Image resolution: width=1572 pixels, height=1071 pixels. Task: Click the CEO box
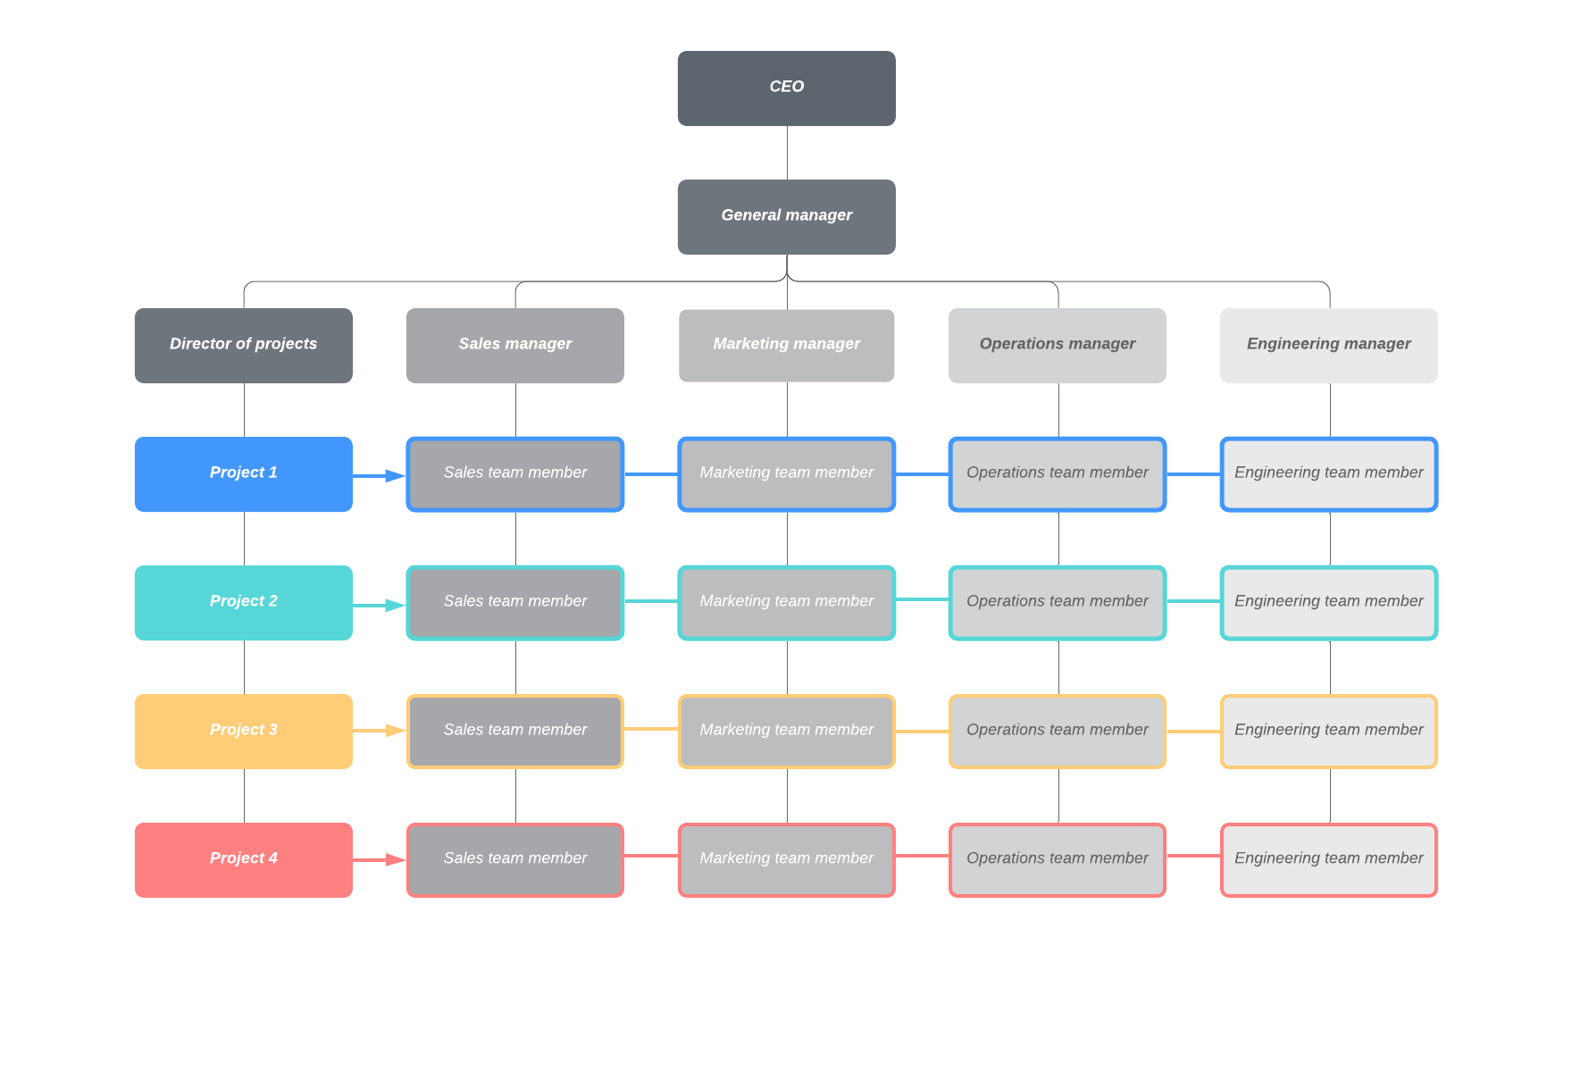(786, 88)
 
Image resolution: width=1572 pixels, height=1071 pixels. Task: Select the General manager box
(786, 216)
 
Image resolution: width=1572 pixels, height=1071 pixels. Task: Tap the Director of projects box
(243, 345)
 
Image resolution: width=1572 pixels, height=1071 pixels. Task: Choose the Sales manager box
(514, 345)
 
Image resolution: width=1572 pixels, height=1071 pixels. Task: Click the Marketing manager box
(786, 345)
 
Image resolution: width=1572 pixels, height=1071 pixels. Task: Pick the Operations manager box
(1057, 345)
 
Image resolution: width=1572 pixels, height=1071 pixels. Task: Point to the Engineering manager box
(1328, 345)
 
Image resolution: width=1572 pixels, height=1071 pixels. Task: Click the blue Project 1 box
(243, 473)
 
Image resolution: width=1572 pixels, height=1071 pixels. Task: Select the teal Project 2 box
(243, 602)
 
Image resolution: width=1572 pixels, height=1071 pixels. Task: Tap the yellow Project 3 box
(243, 731)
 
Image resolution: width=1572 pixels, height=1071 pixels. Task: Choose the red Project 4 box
(243, 859)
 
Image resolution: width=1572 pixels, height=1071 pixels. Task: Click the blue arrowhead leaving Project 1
(395, 475)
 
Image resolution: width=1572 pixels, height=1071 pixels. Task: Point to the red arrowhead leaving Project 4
(395, 859)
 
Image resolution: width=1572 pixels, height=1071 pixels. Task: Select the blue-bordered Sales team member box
(514, 473)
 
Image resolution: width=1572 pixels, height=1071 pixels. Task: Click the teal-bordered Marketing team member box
(786, 602)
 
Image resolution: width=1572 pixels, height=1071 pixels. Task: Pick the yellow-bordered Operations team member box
(1057, 731)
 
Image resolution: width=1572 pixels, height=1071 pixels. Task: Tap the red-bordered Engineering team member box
(1328, 859)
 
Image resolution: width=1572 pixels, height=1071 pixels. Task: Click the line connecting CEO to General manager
(787, 153)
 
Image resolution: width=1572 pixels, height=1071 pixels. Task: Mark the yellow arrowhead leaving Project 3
(395, 731)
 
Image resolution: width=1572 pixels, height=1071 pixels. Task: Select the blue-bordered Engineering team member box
(1328, 473)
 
